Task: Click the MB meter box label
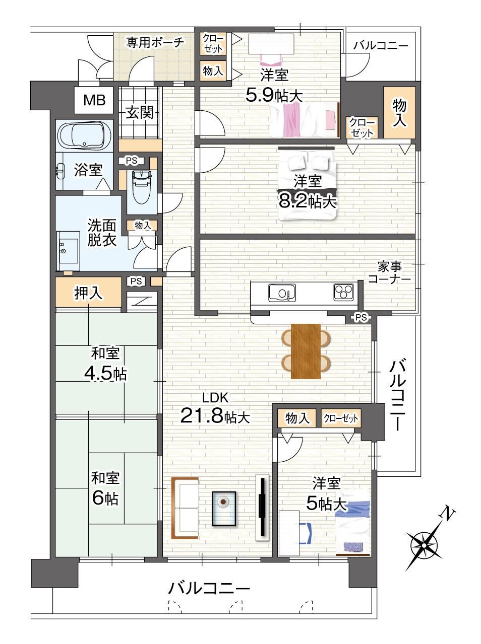tap(94, 100)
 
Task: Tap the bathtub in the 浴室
tap(85, 136)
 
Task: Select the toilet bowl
tap(142, 187)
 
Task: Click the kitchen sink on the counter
tap(282, 293)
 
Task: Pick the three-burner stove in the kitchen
tap(343, 292)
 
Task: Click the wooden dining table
tap(306, 351)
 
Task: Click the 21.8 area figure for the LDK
tap(202, 416)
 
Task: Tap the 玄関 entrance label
tap(140, 112)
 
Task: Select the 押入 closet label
tap(88, 293)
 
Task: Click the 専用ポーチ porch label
tap(155, 42)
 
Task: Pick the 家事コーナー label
tap(389, 273)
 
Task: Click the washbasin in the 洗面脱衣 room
tap(68, 251)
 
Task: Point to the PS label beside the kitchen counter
tap(361, 317)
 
